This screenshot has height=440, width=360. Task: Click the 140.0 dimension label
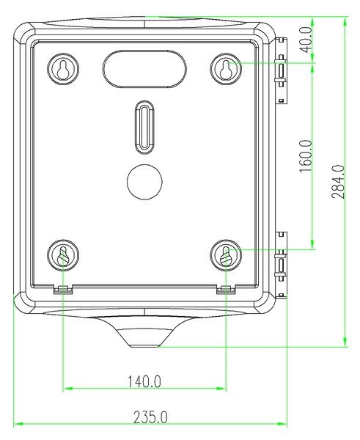144,381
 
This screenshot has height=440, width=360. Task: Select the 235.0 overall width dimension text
150,417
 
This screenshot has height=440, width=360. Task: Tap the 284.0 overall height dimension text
338,182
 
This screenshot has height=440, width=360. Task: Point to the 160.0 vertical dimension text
306,155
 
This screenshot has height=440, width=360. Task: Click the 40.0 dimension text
306,40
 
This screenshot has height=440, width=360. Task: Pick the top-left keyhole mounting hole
63,68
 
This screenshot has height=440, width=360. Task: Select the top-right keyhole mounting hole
226,68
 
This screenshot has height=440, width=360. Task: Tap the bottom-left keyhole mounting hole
63,255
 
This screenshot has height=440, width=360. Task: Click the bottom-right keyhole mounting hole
226,255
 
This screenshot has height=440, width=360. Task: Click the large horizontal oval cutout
144,69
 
